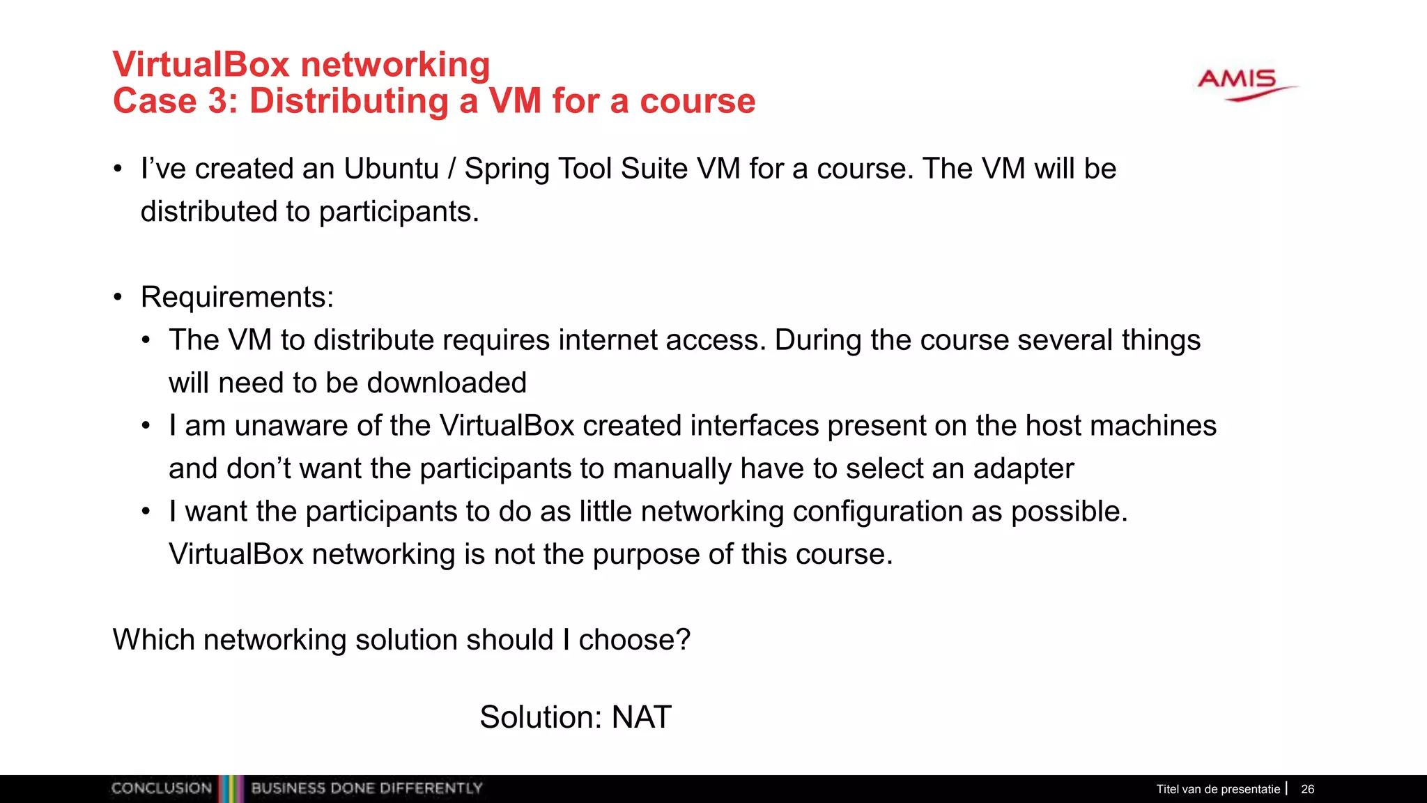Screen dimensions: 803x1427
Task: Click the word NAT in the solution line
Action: (x=641, y=717)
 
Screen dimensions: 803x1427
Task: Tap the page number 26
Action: (x=1307, y=789)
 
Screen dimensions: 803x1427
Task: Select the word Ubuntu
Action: (x=391, y=169)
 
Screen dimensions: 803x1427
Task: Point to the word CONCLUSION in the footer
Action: (x=162, y=788)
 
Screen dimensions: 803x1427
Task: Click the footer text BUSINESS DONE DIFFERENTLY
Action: (x=367, y=788)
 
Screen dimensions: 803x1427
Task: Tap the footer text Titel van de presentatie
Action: (x=1218, y=789)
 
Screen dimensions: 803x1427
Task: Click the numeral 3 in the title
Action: (x=217, y=101)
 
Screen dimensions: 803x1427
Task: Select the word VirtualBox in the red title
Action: (x=201, y=65)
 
